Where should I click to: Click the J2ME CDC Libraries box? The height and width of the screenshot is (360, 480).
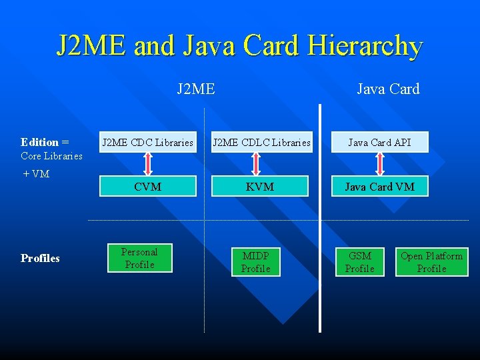coord(147,142)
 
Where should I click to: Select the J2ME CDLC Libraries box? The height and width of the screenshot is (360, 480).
coord(260,142)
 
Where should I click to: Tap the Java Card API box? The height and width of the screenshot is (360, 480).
coord(379,142)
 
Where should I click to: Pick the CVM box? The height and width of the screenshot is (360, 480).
coord(147,187)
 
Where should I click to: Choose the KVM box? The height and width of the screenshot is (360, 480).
coord(260,187)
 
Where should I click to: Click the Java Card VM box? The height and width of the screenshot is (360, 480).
coord(379,187)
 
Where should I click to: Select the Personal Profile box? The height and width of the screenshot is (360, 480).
coord(139,258)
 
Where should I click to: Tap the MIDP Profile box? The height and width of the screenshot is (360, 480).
coord(256,262)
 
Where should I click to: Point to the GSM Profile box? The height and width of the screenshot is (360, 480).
coord(360,262)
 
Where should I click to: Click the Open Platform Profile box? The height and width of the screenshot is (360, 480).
coord(431,262)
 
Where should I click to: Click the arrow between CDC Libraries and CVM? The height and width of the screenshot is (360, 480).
coord(148,164)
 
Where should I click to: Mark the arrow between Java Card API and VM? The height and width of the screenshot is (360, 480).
coord(381,164)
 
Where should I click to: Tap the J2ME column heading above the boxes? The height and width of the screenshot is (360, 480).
coord(196,89)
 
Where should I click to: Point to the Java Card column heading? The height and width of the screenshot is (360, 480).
coord(388,89)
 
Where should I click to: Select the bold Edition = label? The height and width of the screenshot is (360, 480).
coord(45,142)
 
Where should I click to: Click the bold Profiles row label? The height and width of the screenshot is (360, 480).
coord(40,258)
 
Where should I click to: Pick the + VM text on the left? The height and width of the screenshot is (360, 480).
coord(36,174)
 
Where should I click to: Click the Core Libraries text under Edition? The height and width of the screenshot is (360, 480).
coord(51,156)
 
